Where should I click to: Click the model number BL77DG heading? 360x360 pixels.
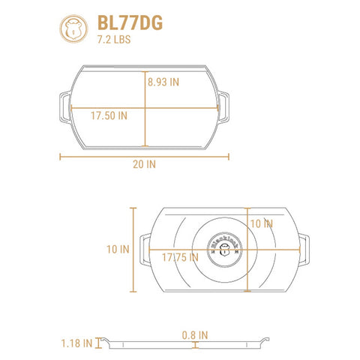tap(130, 22)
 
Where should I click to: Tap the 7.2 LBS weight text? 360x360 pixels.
tap(114, 40)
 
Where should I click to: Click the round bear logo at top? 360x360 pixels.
tap(73, 28)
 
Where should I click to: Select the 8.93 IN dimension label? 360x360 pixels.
tap(163, 82)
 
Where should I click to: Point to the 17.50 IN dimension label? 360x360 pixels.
tap(109, 115)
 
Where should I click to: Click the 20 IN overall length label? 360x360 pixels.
tap(144, 164)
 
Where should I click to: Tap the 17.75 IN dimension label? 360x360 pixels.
tap(180, 257)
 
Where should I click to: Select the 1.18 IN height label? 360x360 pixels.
tap(77, 343)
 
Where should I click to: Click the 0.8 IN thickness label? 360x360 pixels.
tap(195, 335)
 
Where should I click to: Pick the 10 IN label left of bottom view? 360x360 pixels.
tap(118, 249)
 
